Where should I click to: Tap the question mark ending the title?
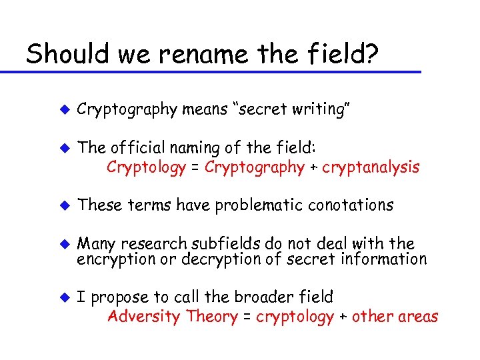[372, 53]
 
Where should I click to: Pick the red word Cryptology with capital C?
[146, 167]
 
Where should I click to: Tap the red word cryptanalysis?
[371, 167]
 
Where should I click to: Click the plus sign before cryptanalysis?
[313, 167]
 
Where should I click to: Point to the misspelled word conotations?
[351, 205]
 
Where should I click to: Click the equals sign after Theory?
[246, 317]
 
